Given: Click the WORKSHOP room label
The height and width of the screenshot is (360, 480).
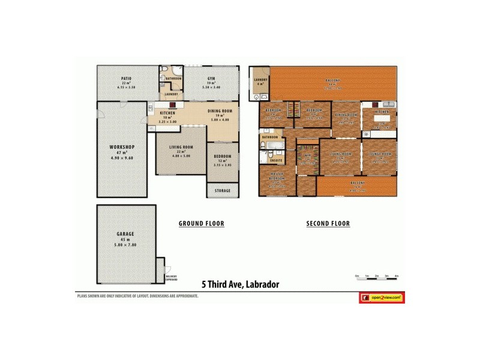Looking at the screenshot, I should coord(122,147).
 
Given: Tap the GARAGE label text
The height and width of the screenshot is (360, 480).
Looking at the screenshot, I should coord(125,233).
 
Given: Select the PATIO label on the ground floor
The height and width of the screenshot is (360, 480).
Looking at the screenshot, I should coord(126,79).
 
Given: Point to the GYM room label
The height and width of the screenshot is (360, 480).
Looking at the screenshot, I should coord(211,79).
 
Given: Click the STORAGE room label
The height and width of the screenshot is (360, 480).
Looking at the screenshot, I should coord(222,191).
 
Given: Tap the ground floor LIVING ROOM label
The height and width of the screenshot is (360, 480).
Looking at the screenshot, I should coord(181,147).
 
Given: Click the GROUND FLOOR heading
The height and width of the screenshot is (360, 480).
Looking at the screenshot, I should coord(202,224).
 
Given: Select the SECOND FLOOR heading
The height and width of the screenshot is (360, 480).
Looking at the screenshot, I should coord(328,224).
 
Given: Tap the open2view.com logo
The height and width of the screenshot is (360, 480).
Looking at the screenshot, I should coord(382,297).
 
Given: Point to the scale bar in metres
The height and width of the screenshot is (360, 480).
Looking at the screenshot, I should coord(377,277).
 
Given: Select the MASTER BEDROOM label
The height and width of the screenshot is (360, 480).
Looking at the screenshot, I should coord(277,178).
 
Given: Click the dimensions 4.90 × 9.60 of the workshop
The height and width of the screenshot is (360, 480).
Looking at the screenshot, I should coord(122,158).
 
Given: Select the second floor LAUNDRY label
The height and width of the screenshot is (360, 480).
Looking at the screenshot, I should coord(260,79).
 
